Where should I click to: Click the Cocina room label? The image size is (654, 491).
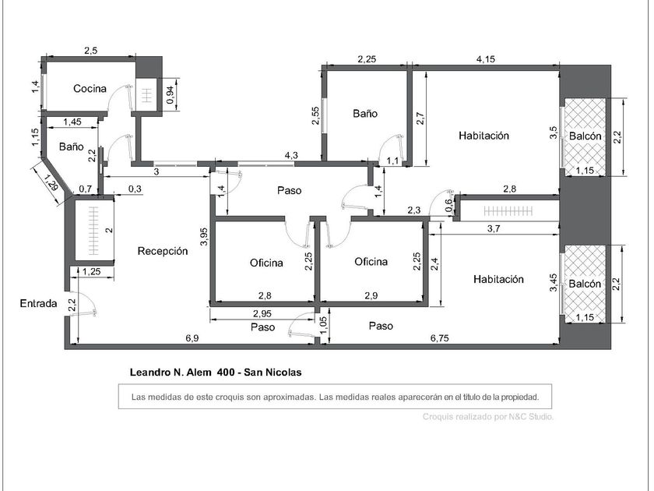click(90, 89)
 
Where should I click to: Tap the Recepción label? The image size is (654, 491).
click(163, 251)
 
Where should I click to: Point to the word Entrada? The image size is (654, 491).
click(38, 303)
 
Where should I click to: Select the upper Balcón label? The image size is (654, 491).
click(585, 136)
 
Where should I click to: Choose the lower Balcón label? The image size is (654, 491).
click(585, 284)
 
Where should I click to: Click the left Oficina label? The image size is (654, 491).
click(266, 263)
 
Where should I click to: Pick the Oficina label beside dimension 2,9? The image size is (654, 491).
click(371, 261)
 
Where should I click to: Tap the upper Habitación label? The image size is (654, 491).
click(483, 136)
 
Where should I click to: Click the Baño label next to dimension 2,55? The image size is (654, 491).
click(365, 113)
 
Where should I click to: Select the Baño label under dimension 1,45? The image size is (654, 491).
click(72, 147)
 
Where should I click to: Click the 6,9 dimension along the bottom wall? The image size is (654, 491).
click(192, 338)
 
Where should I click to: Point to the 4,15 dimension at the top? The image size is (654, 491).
click(486, 59)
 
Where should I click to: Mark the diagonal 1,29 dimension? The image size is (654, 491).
click(51, 183)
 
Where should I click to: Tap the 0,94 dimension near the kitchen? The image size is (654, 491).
click(171, 95)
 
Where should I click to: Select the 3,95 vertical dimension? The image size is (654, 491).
click(204, 236)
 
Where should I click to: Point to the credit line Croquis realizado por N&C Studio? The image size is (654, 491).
click(488, 416)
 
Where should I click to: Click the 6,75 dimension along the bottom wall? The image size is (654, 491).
click(440, 338)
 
